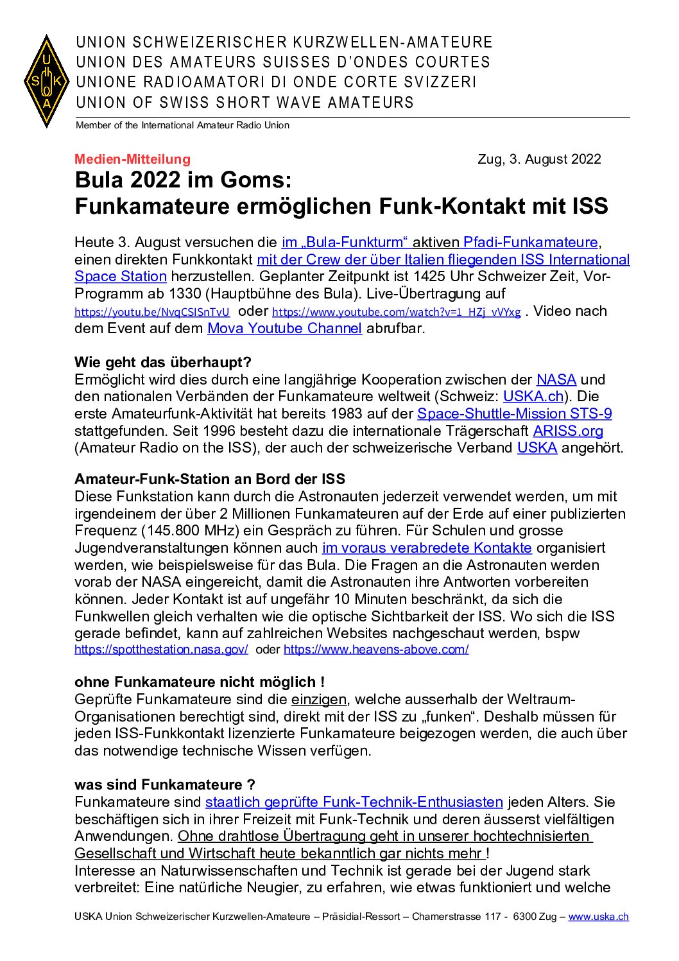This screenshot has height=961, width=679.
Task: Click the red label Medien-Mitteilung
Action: point(132,159)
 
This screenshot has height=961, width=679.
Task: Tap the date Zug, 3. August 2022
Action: point(539,159)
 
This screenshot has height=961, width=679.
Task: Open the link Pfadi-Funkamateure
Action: point(530,243)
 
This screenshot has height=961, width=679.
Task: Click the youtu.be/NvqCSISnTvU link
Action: point(152,313)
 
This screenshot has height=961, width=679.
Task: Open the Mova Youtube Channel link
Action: point(284,329)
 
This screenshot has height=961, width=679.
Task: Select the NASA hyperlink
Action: point(556,380)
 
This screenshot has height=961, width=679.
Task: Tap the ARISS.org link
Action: point(568,431)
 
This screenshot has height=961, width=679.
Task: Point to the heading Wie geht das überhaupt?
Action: point(163,363)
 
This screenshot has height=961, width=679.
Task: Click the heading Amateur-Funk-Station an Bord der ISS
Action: point(210,480)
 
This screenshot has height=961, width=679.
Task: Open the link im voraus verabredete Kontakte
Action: point(427,548)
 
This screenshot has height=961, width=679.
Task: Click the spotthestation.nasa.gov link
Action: point(161,650)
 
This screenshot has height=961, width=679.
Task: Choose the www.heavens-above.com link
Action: point(376,650)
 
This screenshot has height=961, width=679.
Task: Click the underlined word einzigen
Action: point(319,700)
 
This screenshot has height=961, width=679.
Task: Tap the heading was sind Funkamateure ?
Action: point(165,785)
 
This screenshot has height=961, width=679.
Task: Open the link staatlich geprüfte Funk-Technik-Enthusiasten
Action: point(354,802)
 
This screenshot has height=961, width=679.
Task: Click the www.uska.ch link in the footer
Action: point(598,917)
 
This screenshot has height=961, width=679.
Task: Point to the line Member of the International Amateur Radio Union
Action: point(182,126)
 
